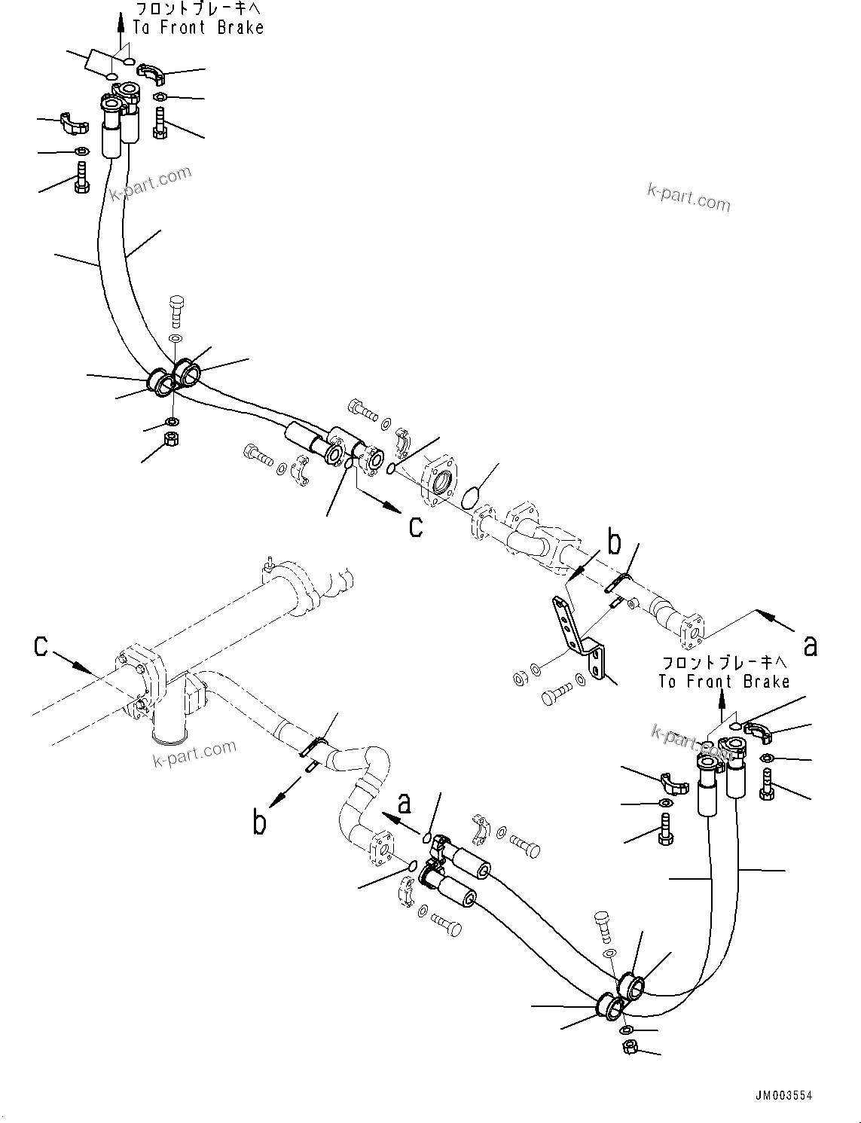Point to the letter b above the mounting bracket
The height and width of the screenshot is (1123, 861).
click(615, 542)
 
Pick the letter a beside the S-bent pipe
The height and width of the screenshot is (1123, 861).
click(405, 804)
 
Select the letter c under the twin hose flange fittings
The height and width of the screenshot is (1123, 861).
click(416, 525)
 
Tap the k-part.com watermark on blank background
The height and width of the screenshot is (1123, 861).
click(688, 197)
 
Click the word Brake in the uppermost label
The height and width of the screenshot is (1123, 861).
click(239, 28)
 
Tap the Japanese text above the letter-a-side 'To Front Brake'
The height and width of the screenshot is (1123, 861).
click(724, 663)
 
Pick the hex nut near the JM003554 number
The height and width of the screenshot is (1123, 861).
click(630, 1046)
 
